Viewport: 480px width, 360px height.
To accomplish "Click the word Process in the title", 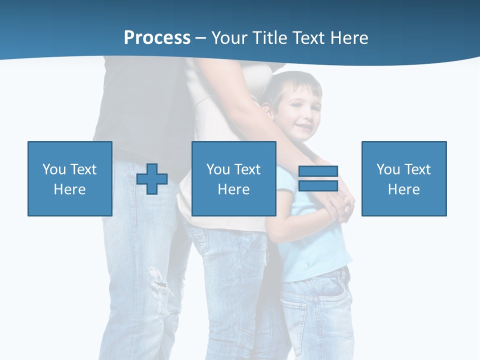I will pos(157,38).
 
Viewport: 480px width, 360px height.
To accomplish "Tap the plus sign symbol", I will pos(152,179).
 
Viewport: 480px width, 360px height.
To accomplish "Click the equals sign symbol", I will pos(318,178).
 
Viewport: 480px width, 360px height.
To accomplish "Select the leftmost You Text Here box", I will pos(70,178).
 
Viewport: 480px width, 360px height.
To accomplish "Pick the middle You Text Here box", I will pos(233,178).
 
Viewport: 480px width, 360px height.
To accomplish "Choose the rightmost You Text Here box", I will pos(404,178).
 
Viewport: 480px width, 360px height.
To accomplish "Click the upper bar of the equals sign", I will pos(318,171).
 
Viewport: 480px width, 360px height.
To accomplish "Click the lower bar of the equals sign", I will pos(318,185).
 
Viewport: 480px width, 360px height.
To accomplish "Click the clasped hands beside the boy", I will pos(340,205).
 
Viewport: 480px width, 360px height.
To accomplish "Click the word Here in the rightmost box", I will pos(404,189).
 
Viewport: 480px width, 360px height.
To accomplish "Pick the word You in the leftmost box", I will pos(54,169).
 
